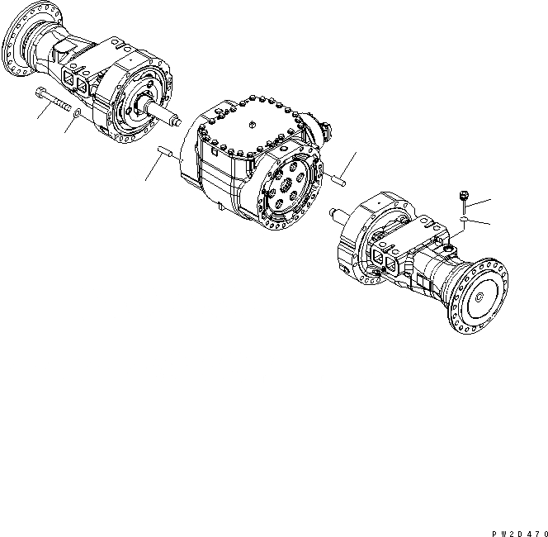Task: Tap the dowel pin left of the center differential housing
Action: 166,154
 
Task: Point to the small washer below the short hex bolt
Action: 465,220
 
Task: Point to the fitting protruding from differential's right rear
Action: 324,131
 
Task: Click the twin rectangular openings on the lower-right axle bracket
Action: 385,259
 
